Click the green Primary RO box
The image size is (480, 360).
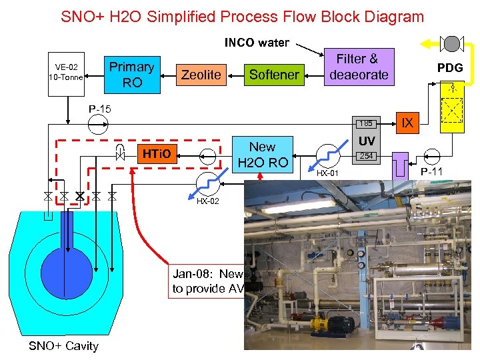pyautogui.click(x=131, y=75)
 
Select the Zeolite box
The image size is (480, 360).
pyautogui.click(x=201, y=75)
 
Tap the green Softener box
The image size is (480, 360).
pyautogui.click(x=273, y=75)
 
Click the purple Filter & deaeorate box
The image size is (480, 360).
pyautogui.click(x=358, y=67)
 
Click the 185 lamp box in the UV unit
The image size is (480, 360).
pyautogui.click(x=365, y=123)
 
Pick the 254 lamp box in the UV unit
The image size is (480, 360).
pyautogui.click(x=365, y=157)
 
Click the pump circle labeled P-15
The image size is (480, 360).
pyautogui.click(x=101, y=124)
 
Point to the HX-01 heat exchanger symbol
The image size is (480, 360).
pyautogui.click(x=328, y=157)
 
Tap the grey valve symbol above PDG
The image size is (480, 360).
pyautogui.click(x=452, y=45)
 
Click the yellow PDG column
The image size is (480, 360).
pyautogui.click(x=452, y=110)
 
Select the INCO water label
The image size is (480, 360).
pyautogui.click(x=257, y=43)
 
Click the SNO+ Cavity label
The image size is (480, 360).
pyautogui.click(x=63, y=345)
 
